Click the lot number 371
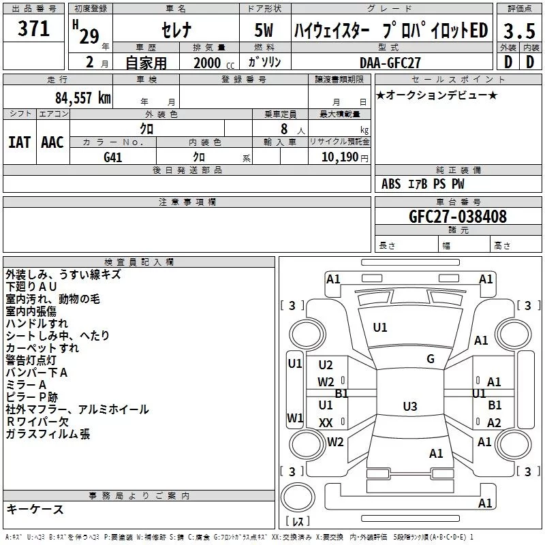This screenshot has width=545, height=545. (33, 29)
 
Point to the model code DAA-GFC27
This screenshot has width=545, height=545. (388, 62)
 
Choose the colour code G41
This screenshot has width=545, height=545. (113, 157)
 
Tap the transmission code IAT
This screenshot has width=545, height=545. (19, 142)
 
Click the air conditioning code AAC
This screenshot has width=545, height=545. (52, 142)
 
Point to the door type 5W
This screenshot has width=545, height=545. (265, 31)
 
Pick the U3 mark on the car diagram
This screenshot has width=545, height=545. (409, 407)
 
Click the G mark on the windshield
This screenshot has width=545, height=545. (431, 359)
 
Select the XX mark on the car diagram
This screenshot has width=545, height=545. (326, 423)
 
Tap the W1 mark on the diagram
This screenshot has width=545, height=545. (294, 418)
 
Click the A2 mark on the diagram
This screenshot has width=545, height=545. (494, 423)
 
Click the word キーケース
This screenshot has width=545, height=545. (35, 509)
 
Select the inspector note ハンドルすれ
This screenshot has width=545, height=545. (37, 324)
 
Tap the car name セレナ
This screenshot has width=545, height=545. (176, 31)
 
